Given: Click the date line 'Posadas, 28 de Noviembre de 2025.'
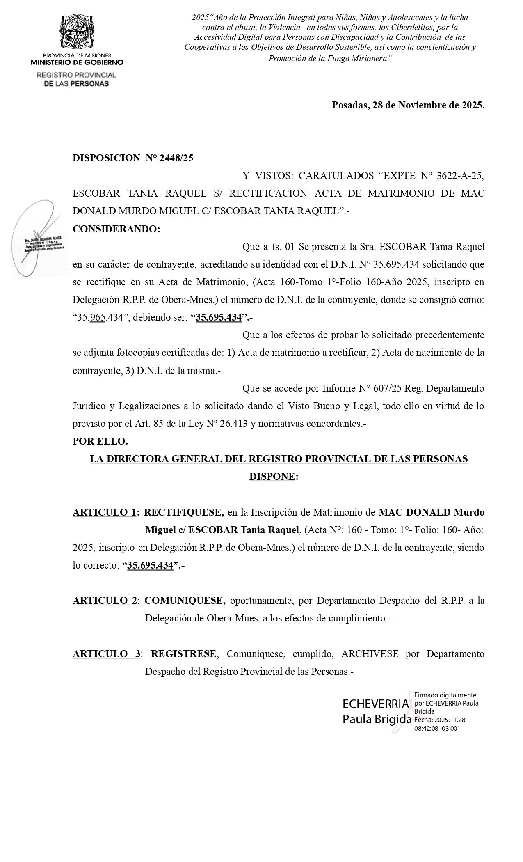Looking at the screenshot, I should click(x=408, y=105).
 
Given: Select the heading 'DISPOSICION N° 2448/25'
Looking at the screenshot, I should click(x=133, y=158).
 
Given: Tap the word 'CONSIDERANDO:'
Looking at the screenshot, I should click(x=116, y=229).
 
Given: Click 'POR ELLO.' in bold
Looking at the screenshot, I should click(x=100, y=441).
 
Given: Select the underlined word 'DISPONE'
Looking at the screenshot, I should click(x=272, y=477).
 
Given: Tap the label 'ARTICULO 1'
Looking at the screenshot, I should click(x=105, y=512).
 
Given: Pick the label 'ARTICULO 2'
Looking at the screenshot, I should click(x=105, y=601).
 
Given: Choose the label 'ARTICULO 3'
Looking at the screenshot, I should click(x=106, y=654).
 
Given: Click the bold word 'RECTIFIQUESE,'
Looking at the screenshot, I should click(x=184, y=512).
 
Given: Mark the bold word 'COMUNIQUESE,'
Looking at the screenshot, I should click(x=185, y=601).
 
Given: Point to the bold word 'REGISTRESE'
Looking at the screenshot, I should click(x=183, y=654).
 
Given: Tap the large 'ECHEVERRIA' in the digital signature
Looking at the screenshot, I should click(x=376, y=704).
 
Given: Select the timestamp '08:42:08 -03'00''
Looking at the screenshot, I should click(x=436, y=728).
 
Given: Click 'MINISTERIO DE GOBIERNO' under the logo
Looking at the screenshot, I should click(x=77, y=62).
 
